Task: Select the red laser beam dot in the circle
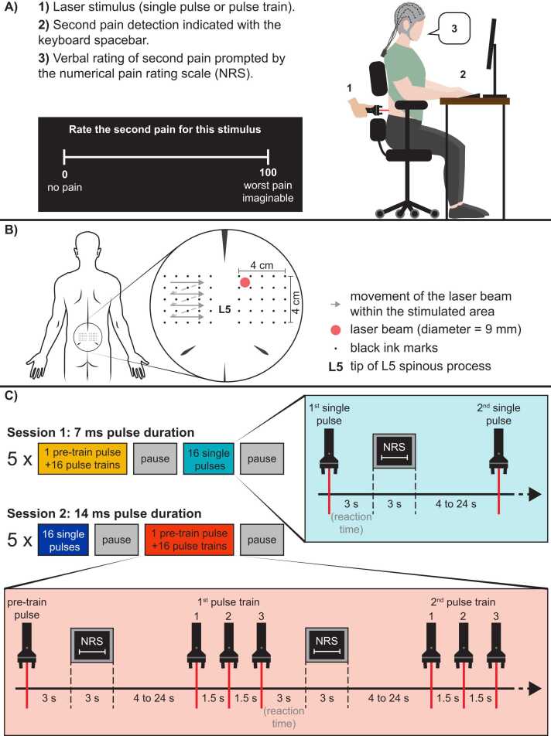point(245,284)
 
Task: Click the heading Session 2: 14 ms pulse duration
point(108,513)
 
